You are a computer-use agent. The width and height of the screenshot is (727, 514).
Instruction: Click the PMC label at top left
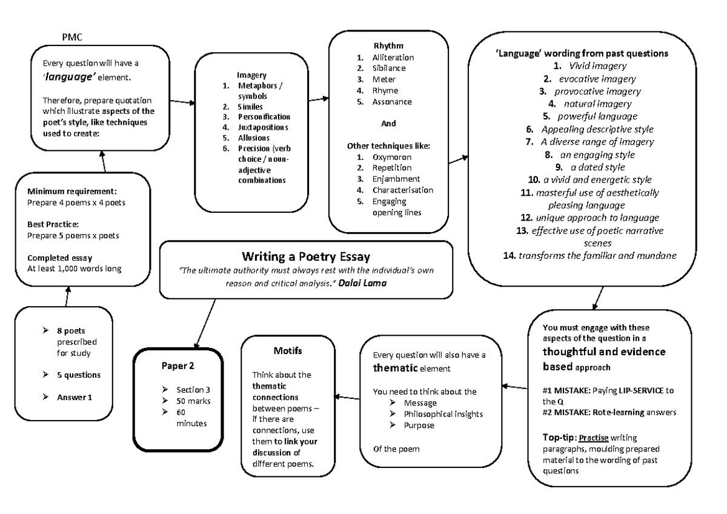coord(72,38)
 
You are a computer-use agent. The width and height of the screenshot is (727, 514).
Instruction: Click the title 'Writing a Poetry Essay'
coord(306,255)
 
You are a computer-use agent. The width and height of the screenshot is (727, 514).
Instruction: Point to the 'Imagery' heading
coord(251,75)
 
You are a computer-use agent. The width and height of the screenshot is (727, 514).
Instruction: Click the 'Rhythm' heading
coord(388,46)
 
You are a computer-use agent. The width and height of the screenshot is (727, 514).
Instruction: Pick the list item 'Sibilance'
coord(389,68)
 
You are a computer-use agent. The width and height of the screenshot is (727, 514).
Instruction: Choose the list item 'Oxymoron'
coord(391,157)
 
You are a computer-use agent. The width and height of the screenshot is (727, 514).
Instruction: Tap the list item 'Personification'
coord(264,116)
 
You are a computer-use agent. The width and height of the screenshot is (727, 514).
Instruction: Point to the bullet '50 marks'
coord(193,401)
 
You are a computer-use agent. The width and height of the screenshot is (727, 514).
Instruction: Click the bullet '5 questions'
coord(79,375)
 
